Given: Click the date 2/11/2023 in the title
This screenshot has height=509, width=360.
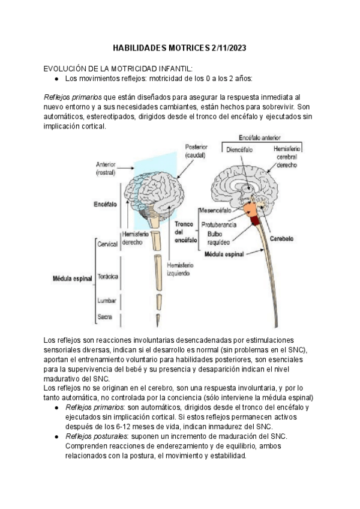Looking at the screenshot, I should click(x=224, y=47).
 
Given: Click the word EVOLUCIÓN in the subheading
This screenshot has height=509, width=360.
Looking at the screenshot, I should click(x=67, y=68).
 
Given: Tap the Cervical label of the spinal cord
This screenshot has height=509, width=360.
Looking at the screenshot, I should click(x=107, y=244).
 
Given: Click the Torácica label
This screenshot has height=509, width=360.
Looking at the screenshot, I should click(x=107, y=276).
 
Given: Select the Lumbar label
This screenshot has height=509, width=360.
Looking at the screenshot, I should click(x=107, y=300).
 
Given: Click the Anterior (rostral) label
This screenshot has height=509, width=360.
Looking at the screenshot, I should click(x=109, y=168).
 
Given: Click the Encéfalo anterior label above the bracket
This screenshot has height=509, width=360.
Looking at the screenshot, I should click(x=260, y=137).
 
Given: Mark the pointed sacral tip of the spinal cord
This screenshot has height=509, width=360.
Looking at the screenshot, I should click(x=158, y=319).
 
